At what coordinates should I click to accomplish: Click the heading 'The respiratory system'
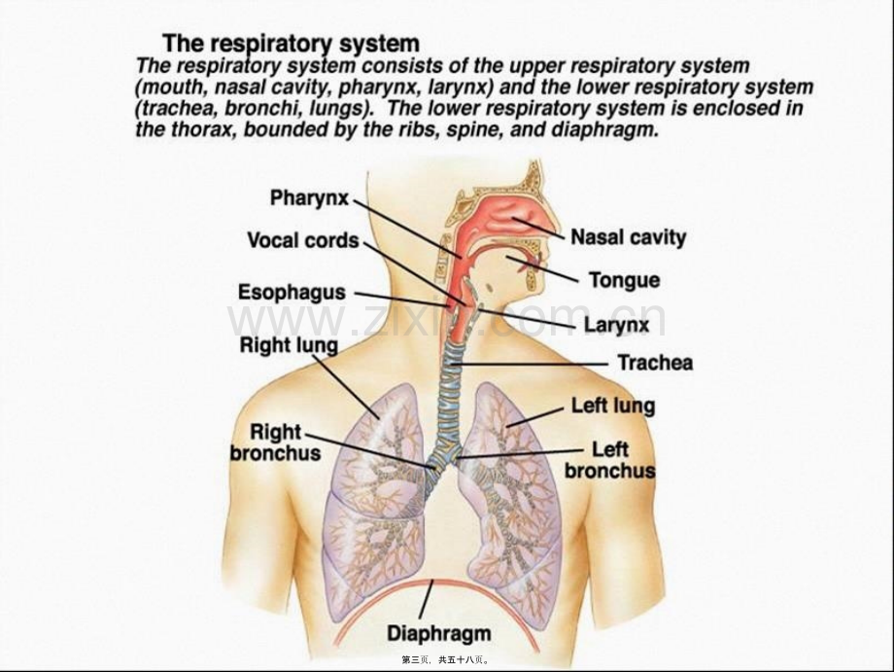tap(291, 44)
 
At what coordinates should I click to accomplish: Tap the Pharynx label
tap(309, 198)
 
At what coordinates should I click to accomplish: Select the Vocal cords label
tap(303, 240)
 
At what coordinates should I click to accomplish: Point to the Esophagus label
tap(292, 292)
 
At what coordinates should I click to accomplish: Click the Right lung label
tap(289, 345)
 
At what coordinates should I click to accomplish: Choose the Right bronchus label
tap(276, 442)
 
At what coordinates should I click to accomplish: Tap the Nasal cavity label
tap(629, 237)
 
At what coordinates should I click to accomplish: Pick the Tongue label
tap(624, 280)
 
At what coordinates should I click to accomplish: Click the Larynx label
tap(617, 325)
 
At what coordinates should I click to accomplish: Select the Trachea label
tap(655, 362)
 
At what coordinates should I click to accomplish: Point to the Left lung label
tap(613, 406)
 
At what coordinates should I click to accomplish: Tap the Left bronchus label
tap(610, 460)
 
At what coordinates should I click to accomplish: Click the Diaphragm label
tap(439, 633)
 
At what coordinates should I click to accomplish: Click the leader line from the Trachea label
tap(530, 364)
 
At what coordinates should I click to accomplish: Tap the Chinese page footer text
tap(445, 660)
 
